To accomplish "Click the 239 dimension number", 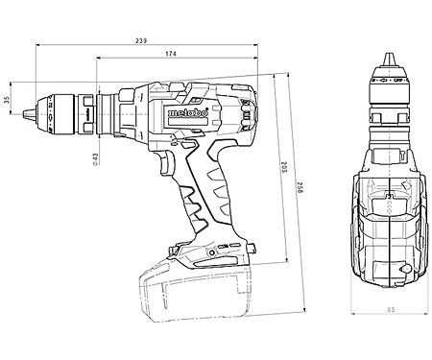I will point(140,40).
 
